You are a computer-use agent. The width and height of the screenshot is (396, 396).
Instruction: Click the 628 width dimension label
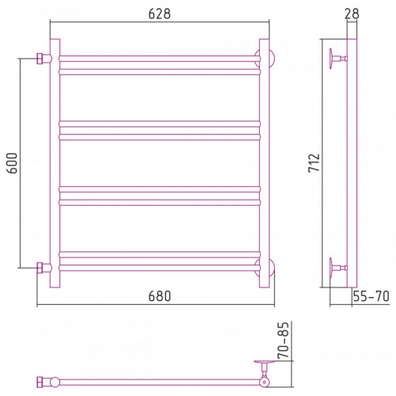(159, 13)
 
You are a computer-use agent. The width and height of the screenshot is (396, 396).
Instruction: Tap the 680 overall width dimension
(159, 296)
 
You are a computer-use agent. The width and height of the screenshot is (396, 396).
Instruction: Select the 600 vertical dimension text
(12, 163)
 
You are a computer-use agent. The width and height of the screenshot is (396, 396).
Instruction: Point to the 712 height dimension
(314, 163)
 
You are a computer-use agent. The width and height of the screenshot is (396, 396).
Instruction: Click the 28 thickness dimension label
(352, 13)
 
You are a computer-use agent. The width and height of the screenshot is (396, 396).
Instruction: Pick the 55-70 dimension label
(371, 296)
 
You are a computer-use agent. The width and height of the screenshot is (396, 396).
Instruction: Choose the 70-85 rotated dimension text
(284, 341)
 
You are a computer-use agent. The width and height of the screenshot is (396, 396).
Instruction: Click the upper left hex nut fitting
(40, 59)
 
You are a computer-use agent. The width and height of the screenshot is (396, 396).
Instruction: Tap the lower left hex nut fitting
(40, 268)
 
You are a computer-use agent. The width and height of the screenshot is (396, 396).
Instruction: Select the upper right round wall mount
(272, 59)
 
